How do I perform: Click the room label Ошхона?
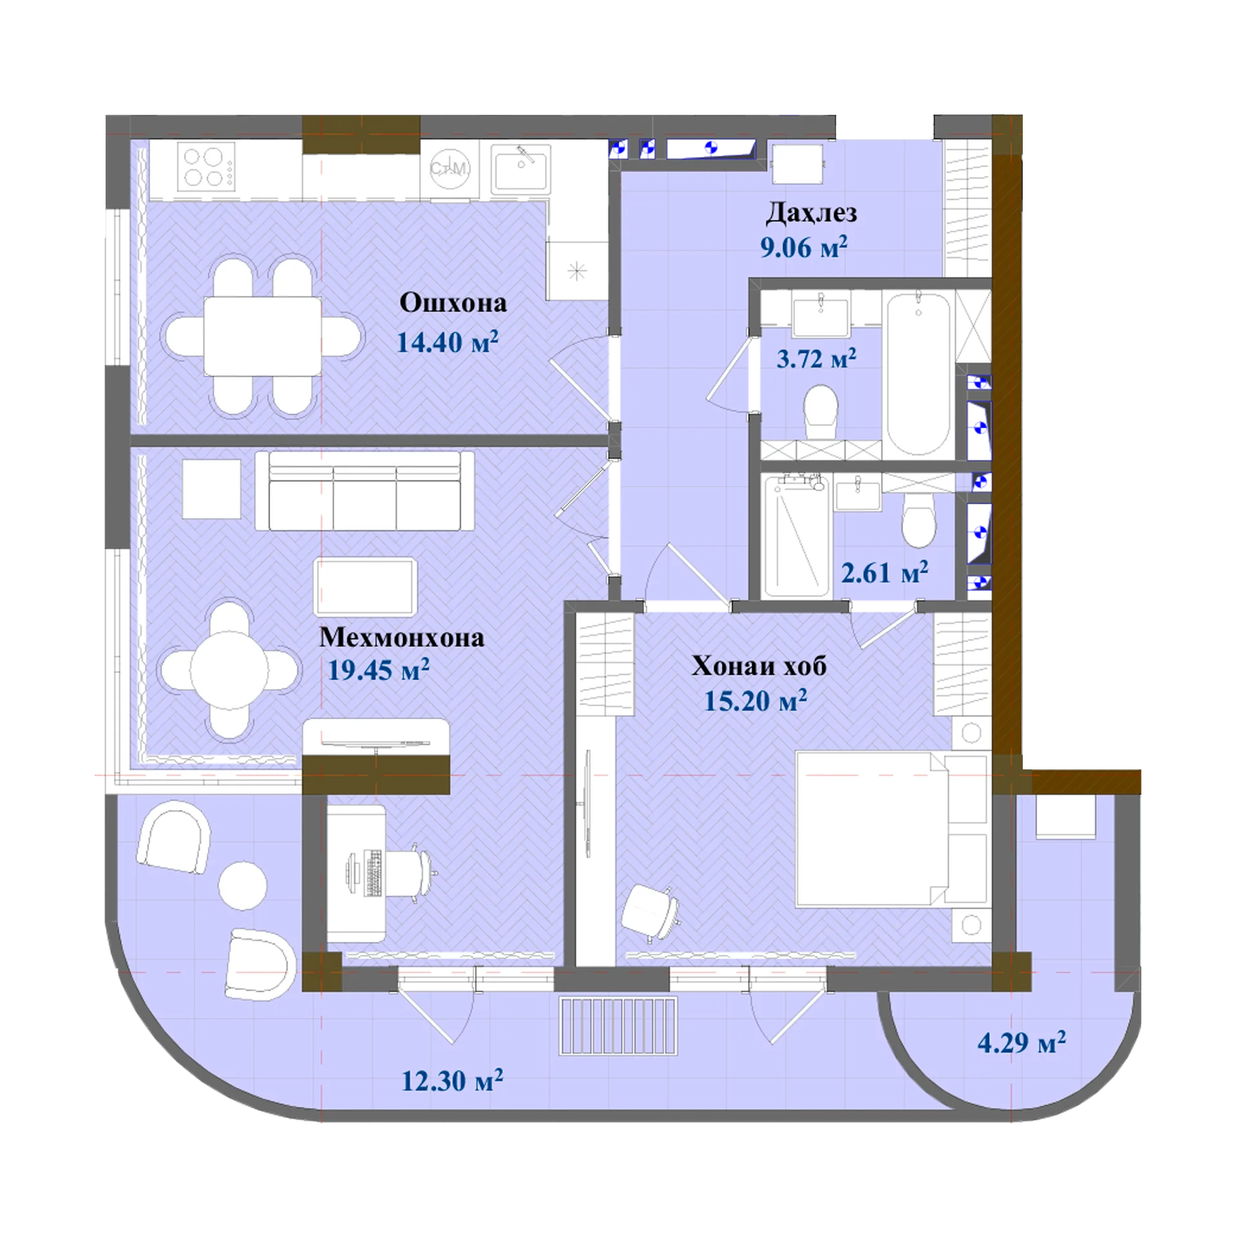pos(453,303)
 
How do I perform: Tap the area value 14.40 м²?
pos(447,341)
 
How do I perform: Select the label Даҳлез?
pos(811,213)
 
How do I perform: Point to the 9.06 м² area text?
pos(803,247)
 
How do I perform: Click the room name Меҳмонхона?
pos(402,637)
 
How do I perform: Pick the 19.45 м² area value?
pos(379,670)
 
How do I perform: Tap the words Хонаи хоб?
pos(759,666)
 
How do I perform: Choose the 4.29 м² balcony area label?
pos(1022,1042)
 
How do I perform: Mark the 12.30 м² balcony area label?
pos(452,1081)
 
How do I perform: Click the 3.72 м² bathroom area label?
pos(816,359)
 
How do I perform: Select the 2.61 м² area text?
pos(885,572)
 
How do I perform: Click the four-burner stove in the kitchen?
pos(207,167)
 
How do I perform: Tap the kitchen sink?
pos(521,169)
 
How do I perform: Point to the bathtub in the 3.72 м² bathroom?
pos(919,373)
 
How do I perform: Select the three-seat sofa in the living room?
pos(365,491)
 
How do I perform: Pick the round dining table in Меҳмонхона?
pos(229,670)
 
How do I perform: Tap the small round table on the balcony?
pos(243,886)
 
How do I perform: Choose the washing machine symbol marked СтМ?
pos(449,169)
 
